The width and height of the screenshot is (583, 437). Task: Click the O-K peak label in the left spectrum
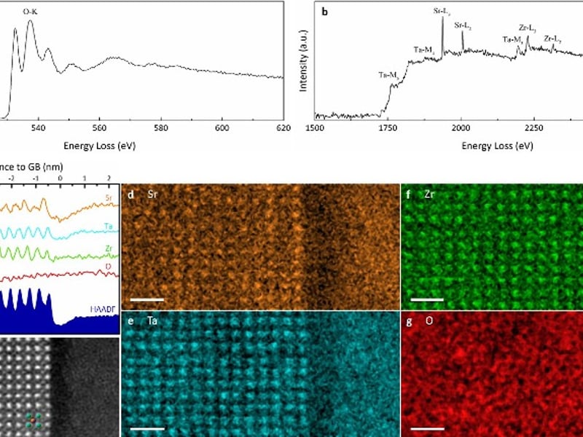(x=30, y=11)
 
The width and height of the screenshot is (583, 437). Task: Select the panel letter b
(x=324, y=11)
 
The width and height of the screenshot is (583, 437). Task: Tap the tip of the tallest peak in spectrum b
(x=442, y=16)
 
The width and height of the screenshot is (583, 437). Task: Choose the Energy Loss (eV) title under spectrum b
(x=497, y=146)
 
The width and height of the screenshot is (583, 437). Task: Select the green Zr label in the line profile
(x=107, y=248)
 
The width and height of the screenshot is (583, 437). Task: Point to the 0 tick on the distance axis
(x=60, y=177)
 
